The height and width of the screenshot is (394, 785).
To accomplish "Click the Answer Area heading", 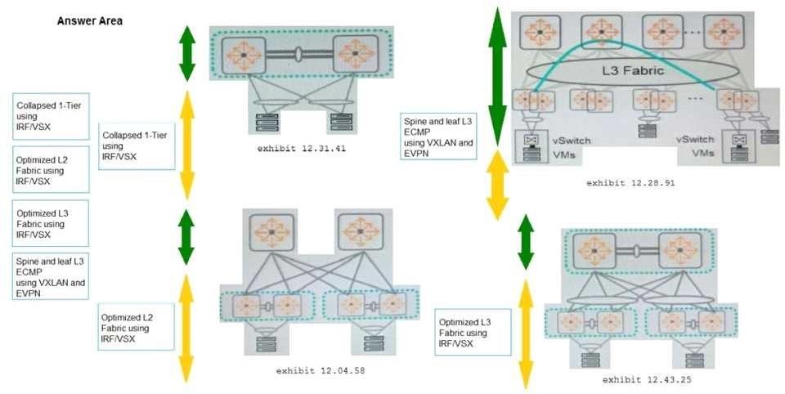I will click(x=89, y=20).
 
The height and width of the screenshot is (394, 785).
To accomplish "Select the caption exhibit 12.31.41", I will click(x=302, y=149).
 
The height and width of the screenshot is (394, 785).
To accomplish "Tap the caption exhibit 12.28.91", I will click(x=630, y=182).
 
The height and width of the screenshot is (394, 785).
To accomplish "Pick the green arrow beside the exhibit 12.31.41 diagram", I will click(x=187, y=53).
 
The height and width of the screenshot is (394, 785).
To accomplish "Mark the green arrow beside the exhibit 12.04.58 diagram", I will click(x=186, y=236).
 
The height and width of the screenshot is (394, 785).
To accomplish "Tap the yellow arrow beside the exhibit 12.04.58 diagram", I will click(x=186, y=328).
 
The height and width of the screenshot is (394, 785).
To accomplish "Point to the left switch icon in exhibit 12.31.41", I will click(x=243, y=53).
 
